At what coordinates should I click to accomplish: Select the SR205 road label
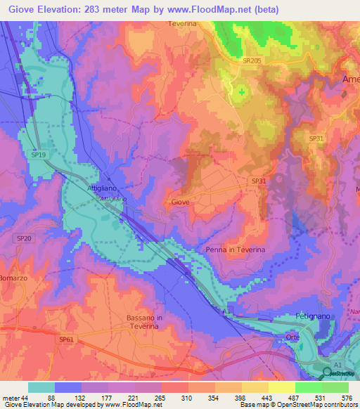(252, 62)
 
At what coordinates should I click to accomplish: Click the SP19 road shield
(39, 154)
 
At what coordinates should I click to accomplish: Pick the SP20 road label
(24, 239)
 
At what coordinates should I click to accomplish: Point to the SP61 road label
(67, 340)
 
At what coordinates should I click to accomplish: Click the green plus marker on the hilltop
(243, 91)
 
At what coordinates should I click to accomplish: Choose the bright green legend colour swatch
(308, 387)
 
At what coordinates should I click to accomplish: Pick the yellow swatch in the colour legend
(255, 387)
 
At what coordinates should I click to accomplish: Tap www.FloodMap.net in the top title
(219, 10)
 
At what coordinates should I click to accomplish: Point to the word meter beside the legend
(10, 397)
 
